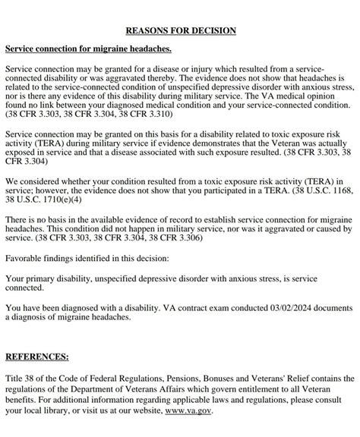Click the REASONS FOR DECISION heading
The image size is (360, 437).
180,30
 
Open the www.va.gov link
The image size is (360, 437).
188,410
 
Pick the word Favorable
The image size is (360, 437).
25,258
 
